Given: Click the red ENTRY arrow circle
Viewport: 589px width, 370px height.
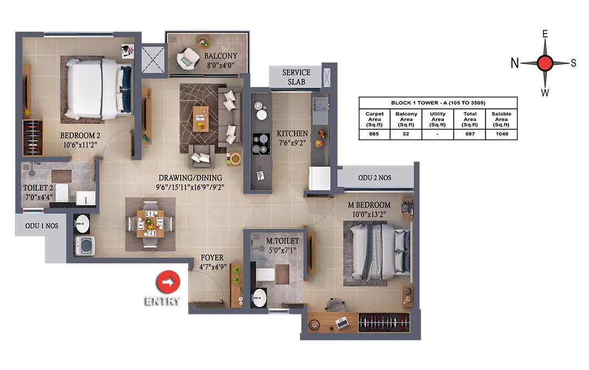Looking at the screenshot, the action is (x=168, y=282).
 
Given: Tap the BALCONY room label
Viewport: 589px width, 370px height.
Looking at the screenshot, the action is (x=221, y=56).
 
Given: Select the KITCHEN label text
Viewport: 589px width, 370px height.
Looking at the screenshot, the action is (x=292, y=133).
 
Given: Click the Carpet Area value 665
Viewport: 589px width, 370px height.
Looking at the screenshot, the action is (x=374, y=134).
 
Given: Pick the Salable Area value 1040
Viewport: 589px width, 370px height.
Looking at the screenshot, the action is (x=502, y=134).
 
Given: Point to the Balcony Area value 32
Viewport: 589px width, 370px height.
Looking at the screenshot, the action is (x=406, y=134).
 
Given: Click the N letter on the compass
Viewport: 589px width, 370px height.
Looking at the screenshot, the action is (x=515, y=63).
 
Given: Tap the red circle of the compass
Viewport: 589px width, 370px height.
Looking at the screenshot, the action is (x=545, y=63).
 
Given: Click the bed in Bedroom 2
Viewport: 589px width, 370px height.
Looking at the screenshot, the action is (x=98, y=88).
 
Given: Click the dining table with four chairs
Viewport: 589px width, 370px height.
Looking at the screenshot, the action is (x=150, y=224).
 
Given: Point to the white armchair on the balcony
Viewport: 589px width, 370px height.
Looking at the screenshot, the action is (x=188, y=59).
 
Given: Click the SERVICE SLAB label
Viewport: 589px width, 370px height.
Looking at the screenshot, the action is (x=296, y=77).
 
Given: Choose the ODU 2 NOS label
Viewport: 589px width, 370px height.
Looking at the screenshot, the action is (x=374, y=177).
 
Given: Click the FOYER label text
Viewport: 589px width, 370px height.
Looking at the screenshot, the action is (x=212, y=258).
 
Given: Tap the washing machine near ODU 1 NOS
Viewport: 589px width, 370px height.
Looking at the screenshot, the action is (x=85, y=246).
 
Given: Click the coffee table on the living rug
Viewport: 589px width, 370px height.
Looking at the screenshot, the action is (x=201, y=119).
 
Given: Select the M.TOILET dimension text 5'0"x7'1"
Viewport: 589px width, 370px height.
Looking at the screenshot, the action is (x=283, y=250).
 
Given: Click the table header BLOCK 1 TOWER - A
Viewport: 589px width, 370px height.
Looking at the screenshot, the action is (x=438, y=102).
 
